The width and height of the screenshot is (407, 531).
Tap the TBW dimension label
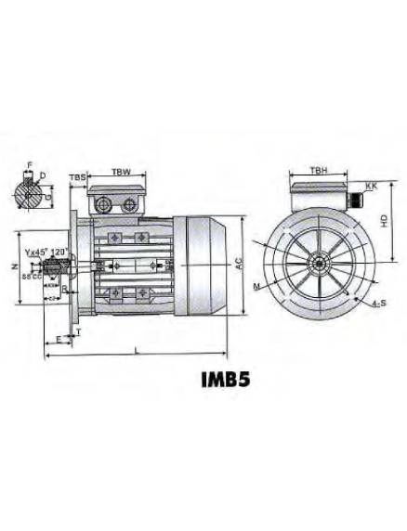pos(121,172)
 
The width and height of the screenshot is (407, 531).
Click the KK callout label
pos(372,187)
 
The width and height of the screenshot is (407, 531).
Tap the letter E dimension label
pos(59,340)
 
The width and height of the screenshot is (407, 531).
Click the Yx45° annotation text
pos(37,251)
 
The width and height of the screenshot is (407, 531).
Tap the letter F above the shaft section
pos(29,164)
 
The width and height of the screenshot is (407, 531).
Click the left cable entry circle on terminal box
pos(102,203)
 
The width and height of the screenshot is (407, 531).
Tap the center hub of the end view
pos(318,264)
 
